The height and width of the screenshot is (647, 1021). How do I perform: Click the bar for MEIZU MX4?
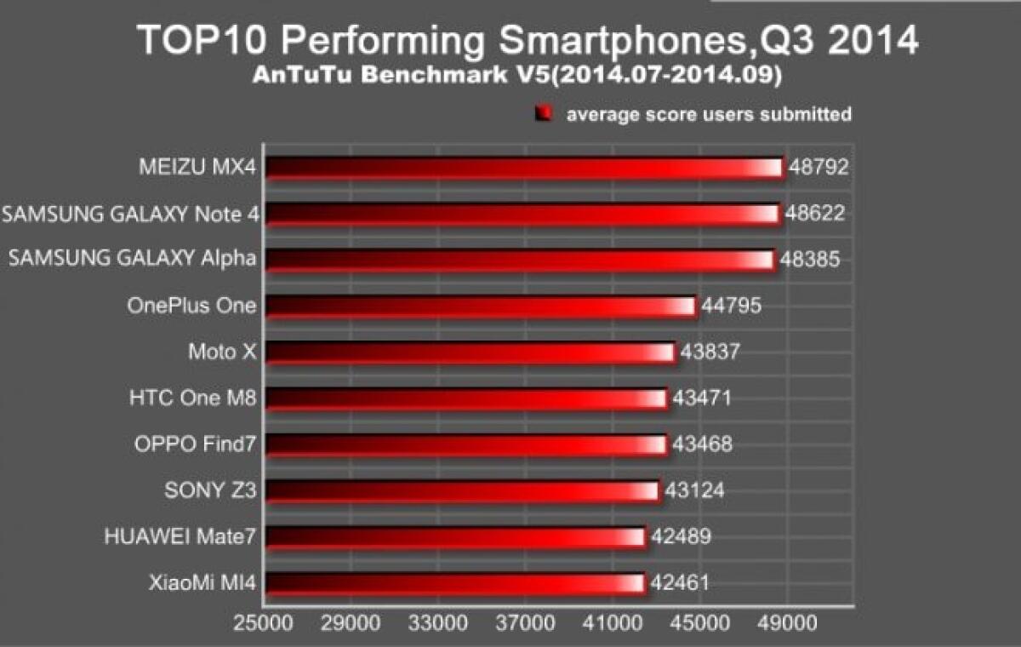coord(523,168)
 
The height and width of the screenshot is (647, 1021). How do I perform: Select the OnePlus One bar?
coord(481,306)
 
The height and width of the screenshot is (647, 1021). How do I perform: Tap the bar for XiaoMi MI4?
coord(454,583)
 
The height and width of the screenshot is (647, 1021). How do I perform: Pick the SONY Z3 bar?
coord(462,491)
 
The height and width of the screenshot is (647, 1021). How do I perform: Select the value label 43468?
coord(703,444)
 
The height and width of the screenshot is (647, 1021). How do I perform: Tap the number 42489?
coord(681,536)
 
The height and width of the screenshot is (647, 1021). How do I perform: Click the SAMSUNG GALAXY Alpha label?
coord(132,259)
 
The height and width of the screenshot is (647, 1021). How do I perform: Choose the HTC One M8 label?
coord(193,397)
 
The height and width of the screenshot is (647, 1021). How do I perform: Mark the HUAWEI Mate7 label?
coord(180,536)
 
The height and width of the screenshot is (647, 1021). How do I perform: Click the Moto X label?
coord(222,351)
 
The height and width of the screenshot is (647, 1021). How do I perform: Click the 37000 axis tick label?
coord(525,624)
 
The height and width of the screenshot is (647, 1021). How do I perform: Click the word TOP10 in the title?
coord(201,40)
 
